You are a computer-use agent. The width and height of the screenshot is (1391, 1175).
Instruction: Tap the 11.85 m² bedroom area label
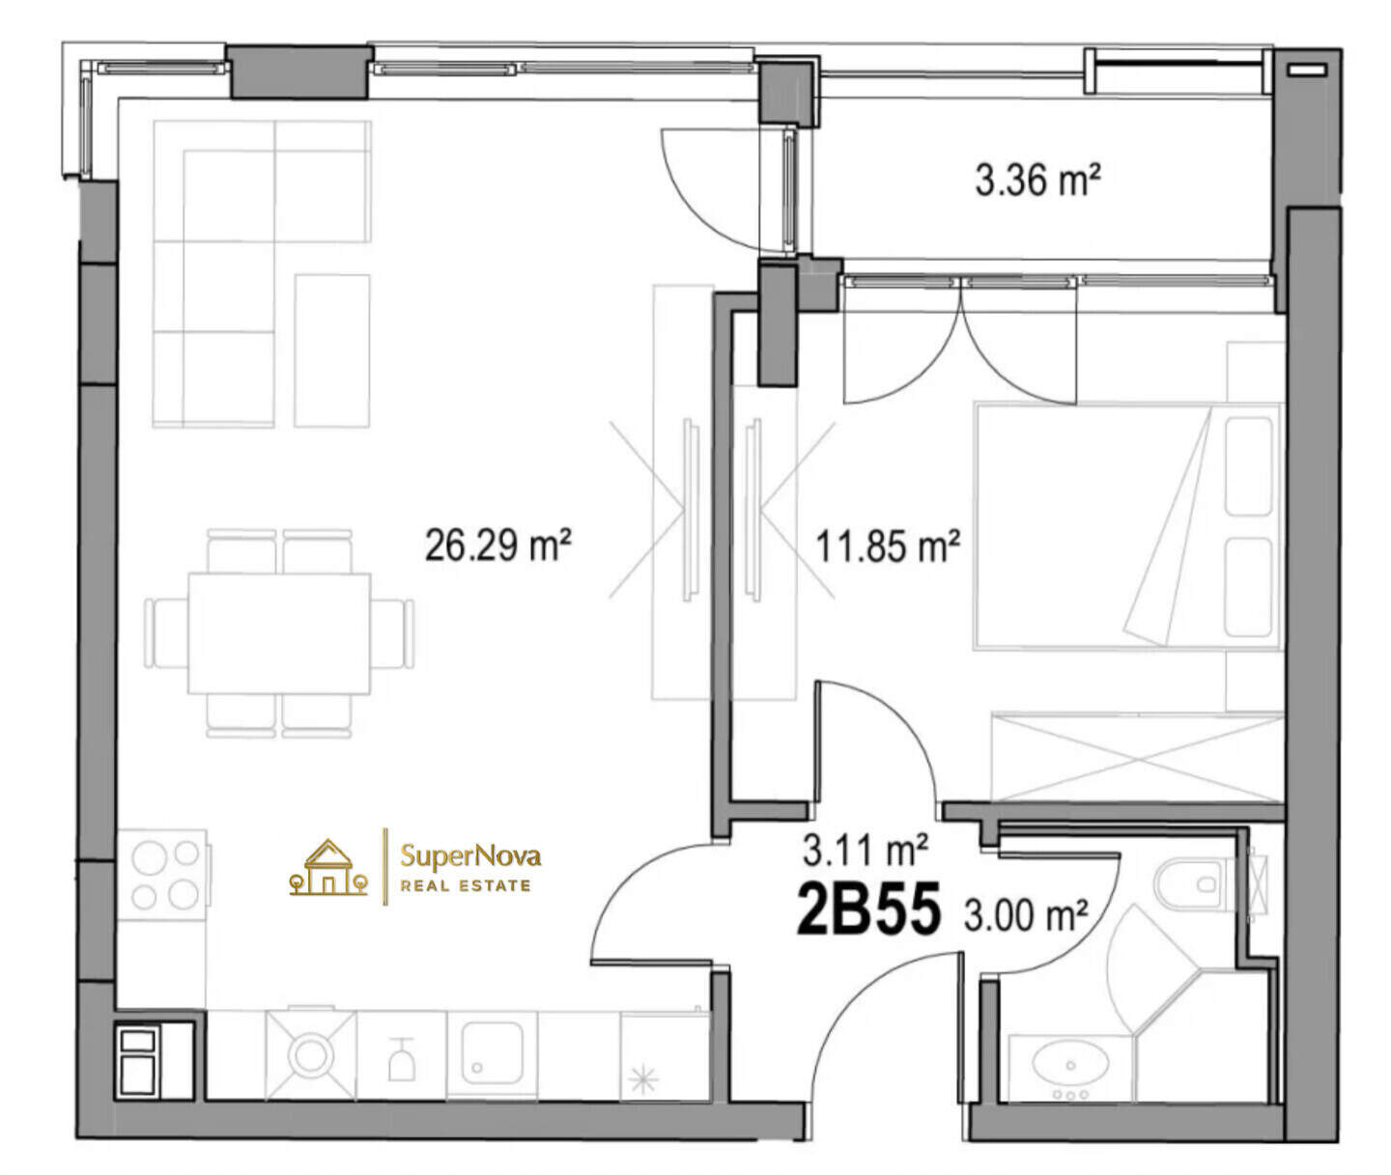(888, 546)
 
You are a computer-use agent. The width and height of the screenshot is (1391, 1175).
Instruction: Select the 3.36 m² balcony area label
(1038, 181)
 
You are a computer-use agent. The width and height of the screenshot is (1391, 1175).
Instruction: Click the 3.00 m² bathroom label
(1026, 915)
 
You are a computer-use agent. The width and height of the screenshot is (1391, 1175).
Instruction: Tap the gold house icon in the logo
(328, 868)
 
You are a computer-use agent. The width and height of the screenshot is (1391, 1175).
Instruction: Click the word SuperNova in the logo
(470, 856)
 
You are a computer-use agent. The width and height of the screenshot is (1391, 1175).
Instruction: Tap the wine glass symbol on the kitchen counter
(401, 1059)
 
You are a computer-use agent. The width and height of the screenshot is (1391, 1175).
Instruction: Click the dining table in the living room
(278, 633)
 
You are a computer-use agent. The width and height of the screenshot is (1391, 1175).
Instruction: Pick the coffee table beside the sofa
(331, 350)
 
